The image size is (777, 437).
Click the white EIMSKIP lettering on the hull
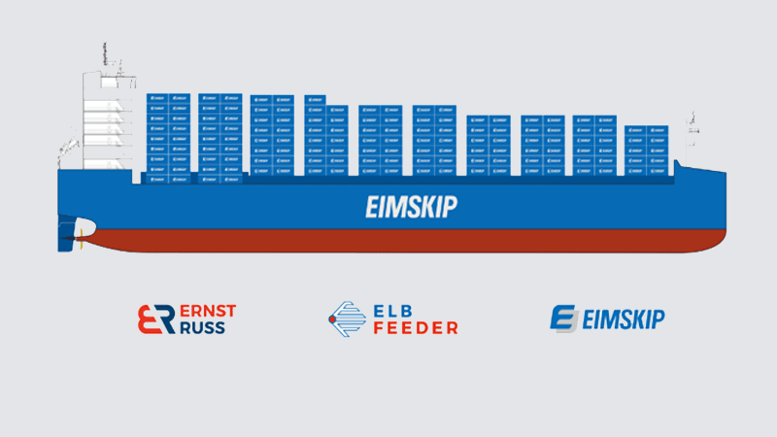412,207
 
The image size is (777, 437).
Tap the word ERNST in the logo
208,311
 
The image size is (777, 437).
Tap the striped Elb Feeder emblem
348,319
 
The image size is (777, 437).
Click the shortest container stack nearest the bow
647,151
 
